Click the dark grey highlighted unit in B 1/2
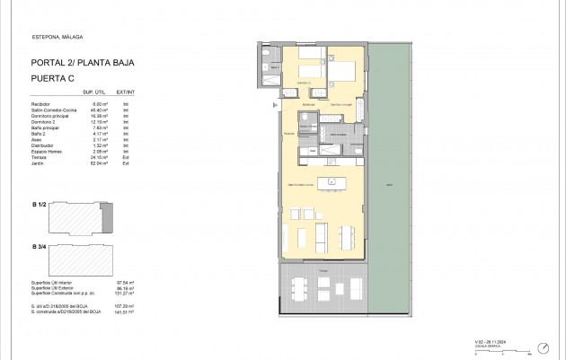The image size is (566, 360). pos(110,216)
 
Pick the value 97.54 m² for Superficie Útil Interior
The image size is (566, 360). pos(112,282)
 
